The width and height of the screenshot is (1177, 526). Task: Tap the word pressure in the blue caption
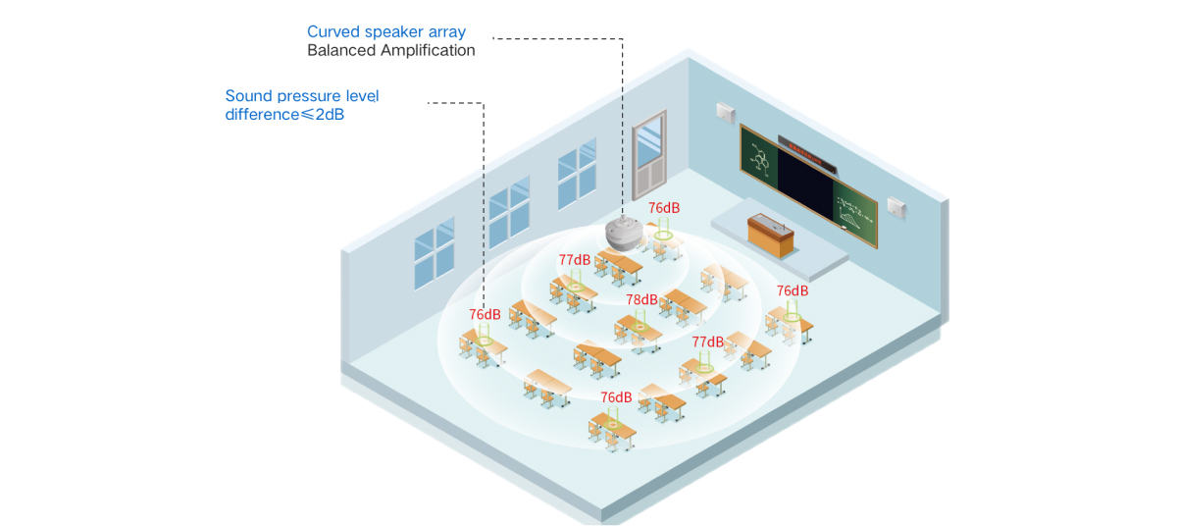309,96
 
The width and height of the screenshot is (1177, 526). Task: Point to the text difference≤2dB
284,114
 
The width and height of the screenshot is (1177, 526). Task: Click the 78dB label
641,299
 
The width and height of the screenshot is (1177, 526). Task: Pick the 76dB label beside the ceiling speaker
664,208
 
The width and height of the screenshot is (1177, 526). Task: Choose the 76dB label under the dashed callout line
485,314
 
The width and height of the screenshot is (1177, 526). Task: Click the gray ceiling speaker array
624,234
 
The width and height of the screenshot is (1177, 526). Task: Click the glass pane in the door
649,138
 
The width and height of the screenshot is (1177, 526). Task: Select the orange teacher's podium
770,236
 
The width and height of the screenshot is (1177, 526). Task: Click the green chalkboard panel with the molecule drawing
759,157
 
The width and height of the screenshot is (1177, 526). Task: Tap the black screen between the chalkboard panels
805,184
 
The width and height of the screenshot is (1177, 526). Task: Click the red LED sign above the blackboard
807,154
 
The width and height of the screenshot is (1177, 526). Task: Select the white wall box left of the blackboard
726,113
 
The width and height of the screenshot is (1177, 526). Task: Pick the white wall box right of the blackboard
896,207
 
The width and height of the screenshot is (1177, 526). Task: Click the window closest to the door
577,174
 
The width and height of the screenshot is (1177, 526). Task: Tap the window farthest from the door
435,253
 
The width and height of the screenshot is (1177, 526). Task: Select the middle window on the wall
509,212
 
